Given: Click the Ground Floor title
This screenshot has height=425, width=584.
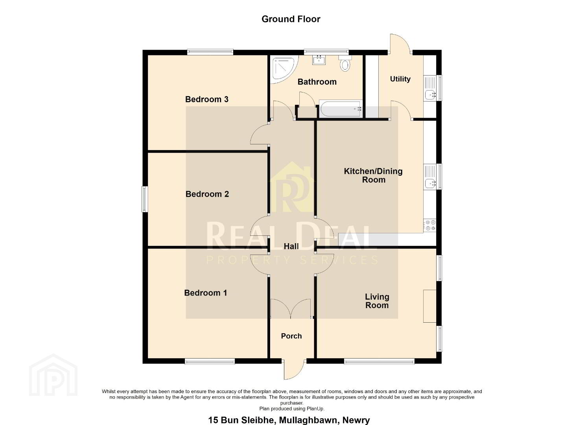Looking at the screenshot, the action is (291, 19).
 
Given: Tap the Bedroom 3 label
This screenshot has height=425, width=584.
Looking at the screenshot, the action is (207, 99).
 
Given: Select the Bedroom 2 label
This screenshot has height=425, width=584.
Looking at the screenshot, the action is (207, 194).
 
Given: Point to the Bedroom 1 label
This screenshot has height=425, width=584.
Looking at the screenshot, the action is (205, 293).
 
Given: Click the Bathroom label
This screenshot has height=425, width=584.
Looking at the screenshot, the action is (317, 82).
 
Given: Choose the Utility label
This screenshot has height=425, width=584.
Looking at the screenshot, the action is (400, 79).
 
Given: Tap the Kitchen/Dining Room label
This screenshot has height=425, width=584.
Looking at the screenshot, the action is (373, 176).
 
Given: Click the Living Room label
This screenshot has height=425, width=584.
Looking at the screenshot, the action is (377, 301).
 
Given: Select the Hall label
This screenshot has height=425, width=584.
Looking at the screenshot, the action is (291, 246).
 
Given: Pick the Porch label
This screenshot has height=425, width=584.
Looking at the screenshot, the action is (291, 336).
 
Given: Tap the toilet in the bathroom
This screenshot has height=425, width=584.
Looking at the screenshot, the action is (345, 63).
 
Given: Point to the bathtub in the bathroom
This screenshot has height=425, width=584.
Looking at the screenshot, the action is (341, 109).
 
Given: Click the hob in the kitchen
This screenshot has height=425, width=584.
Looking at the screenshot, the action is (430, 225).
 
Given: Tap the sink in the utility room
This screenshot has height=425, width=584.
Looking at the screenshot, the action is (430, 88).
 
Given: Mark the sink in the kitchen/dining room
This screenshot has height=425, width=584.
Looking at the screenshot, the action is (430, 177).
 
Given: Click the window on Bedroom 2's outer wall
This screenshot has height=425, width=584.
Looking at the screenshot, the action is (145, 199).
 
